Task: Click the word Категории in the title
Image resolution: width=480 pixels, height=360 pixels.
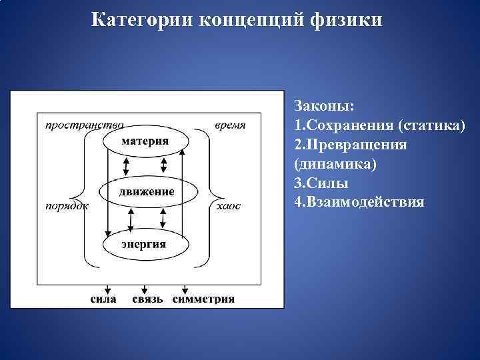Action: click(x=139, y=19)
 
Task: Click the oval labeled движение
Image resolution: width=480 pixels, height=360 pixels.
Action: click(x=147, y=192)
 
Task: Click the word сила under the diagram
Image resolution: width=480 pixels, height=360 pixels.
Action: click(x=103, y=299)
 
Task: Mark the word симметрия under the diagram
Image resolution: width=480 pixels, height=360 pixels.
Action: click(x=204, y=299)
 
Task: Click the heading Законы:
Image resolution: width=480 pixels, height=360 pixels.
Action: click(x=324, y=107)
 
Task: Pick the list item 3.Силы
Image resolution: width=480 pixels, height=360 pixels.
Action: click(x=317, y=183)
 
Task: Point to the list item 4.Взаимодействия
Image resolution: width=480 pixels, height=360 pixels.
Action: click(x=358, y=202)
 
